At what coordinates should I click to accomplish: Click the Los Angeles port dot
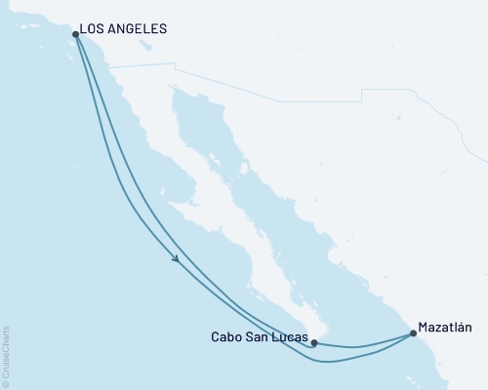tap(75, 34)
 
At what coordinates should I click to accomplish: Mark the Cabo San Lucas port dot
tap(313, 342)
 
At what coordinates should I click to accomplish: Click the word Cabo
tap(226, 339)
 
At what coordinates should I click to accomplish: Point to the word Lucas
tap(289, 339)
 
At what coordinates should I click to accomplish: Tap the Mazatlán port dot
tap(413, 333)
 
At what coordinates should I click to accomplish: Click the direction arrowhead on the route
tap(176, 258)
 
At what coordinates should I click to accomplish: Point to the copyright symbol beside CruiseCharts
tap(6, 382)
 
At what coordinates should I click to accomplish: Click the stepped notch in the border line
tap(362, 94)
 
